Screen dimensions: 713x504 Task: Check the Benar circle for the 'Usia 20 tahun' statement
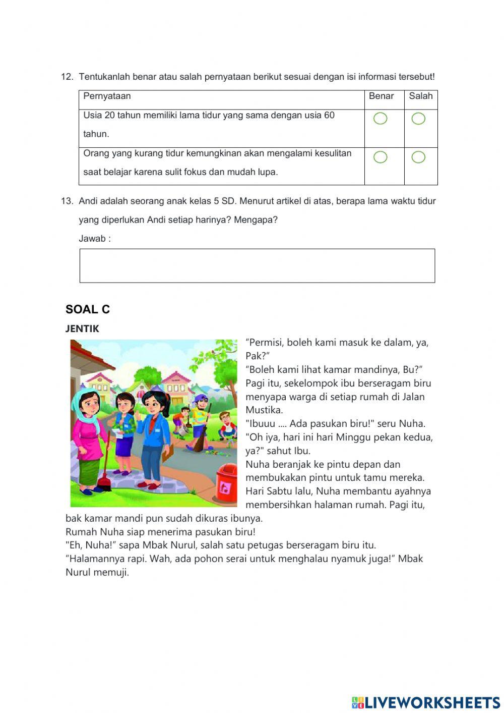click(x=381, y=119)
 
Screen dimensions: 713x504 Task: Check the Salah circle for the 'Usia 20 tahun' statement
click(x=418, y=119)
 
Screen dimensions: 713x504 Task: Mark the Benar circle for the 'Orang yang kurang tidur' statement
click(x=381, y=157)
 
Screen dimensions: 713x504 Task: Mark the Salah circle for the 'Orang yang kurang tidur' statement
click(x=418, y=157)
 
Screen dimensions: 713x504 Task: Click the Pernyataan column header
click(x=107, y=96)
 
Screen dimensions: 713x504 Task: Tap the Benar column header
click(x=382, y=96)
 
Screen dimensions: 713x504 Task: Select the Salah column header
click(x=421, y=96)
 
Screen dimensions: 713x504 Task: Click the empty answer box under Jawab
click(x=257, y=265)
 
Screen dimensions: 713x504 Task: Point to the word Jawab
click(x=92, y=239)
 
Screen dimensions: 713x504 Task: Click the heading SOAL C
click(x=88, y=309)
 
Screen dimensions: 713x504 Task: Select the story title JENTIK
click(x=82, y=329)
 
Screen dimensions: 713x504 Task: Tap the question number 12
click(x=67, y=77)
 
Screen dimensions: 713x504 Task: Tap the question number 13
click(x=67, y=201)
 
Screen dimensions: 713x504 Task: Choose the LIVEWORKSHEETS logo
click(x=426, y=702)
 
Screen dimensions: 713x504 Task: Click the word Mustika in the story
click(x=264, y=410)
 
